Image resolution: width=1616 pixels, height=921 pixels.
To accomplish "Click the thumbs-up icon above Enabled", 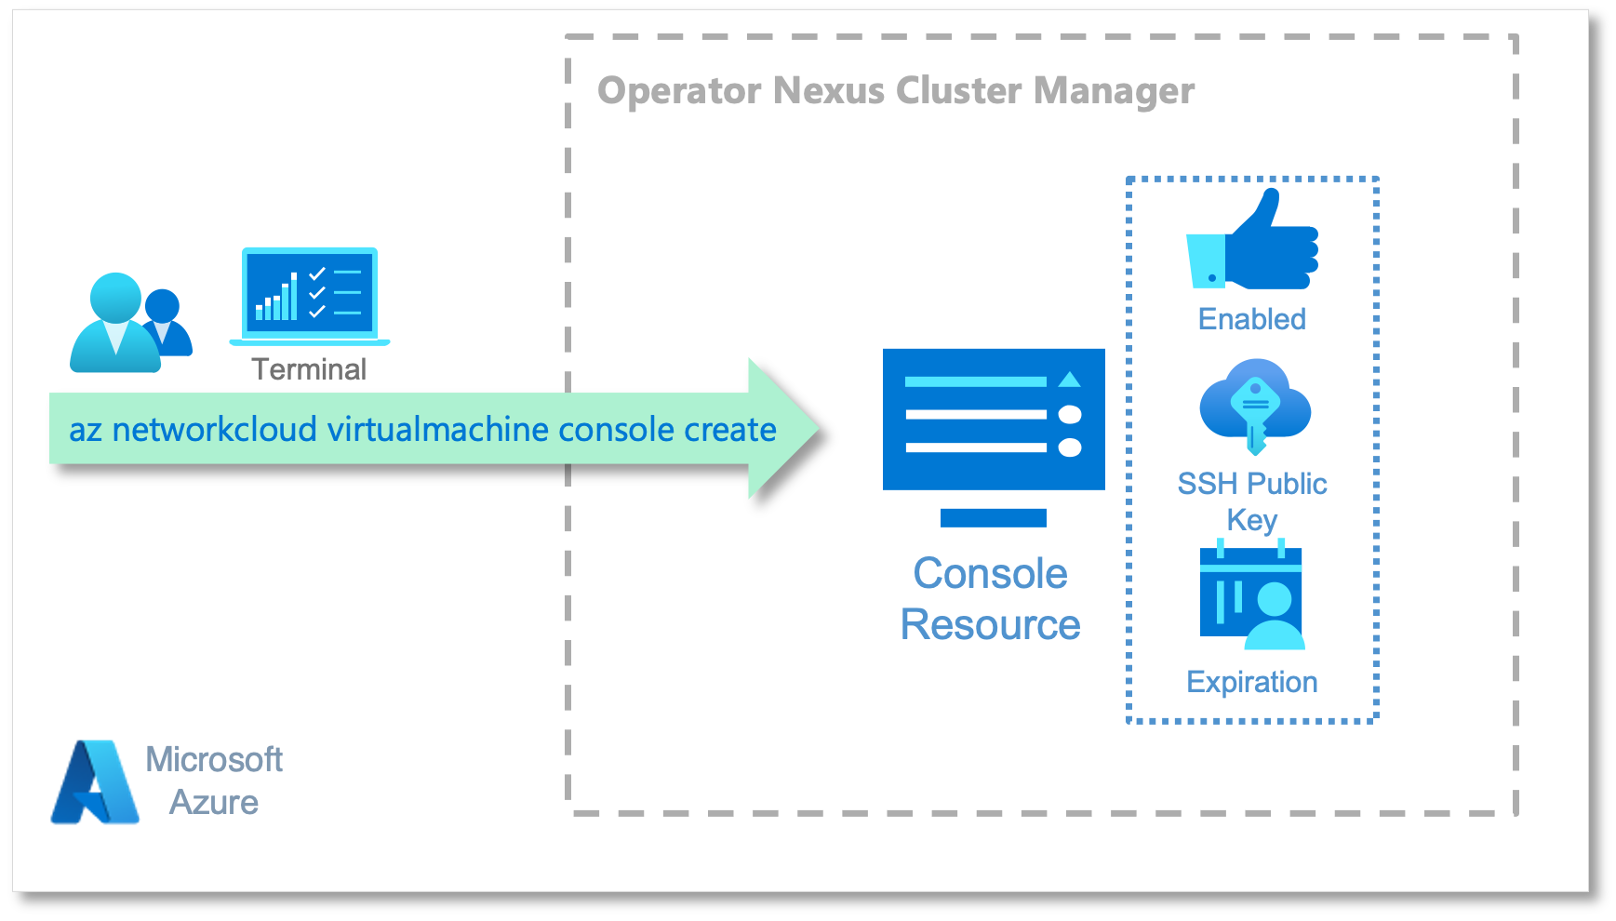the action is pos(1252,240).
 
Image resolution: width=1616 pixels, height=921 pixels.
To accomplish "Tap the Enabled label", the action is pos(1252,319).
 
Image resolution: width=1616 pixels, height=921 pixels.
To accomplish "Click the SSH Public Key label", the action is pos(1252,501).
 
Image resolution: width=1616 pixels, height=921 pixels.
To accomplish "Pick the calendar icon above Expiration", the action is pos(1252,595).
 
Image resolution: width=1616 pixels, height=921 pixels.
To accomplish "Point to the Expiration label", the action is pos(1252,682).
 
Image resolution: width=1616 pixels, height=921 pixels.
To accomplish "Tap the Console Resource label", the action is pos(991,598).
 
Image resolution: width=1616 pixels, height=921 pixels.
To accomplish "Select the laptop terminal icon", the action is pos(310,297).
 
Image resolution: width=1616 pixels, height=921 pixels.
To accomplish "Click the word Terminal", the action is pos(309,369).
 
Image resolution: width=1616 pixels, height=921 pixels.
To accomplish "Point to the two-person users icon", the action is pos(131,323).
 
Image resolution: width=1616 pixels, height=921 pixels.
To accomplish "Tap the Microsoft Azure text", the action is pos(214,781).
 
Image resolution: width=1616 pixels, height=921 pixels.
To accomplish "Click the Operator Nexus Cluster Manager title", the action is pos(896,91).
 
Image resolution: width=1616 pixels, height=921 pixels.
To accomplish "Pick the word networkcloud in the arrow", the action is pos(215,430).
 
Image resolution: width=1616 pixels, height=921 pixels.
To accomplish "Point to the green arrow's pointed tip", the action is pos(820,428).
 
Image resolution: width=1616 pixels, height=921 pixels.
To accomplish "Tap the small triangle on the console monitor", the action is pos(1070,379).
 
